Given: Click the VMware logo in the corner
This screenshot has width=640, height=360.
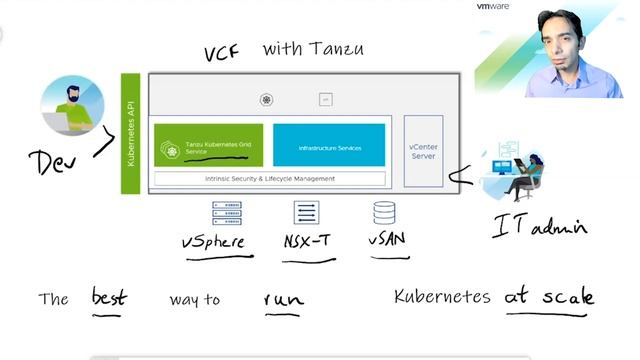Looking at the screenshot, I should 493,7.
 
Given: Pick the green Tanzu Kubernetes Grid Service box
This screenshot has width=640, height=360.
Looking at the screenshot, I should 208,145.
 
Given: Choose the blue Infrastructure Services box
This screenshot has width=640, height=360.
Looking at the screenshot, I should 329,146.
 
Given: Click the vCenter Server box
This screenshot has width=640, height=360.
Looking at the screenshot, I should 423,151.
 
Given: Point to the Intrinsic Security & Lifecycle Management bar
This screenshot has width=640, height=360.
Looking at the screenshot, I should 269,179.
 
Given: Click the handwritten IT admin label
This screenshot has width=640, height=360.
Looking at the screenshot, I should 538,227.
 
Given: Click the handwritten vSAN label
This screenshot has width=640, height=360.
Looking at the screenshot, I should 388,240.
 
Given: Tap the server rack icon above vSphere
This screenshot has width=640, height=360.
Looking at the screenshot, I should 226,213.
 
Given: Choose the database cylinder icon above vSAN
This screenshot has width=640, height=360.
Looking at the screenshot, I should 384,213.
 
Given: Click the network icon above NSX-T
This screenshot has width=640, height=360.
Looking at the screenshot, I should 306,213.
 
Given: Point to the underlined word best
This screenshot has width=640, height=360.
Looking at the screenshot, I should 110,297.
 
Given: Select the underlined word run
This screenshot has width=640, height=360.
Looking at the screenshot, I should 283,298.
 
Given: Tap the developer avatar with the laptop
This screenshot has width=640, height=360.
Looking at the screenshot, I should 68,108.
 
